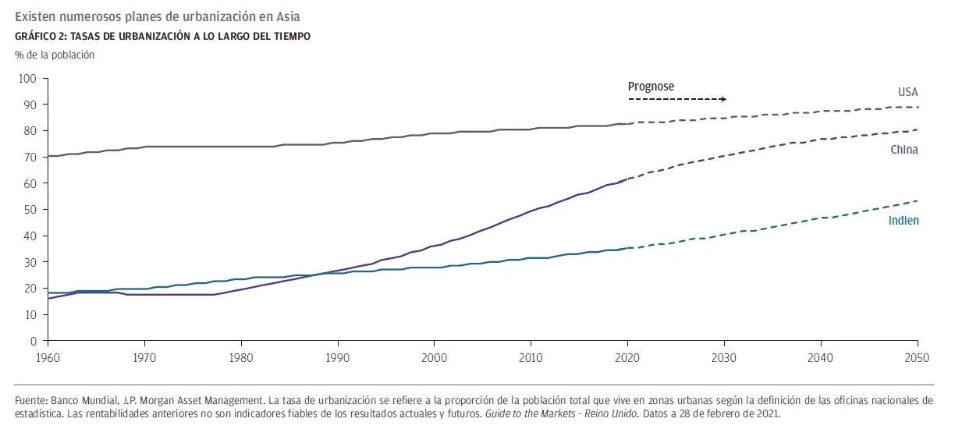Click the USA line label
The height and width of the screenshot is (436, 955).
pos(907,92)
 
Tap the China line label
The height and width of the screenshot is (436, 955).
pos(904,150)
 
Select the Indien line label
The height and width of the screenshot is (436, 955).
pos(904,221)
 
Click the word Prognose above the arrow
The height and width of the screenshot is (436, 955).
pos(651,87)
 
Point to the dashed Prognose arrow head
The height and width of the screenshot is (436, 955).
pos(723,99)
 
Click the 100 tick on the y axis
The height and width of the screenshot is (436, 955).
pos(28,79)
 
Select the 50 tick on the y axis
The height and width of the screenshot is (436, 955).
pos(31,210)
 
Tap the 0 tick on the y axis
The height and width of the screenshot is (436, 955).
pos(34,341)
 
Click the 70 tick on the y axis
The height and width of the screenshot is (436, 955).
pos(31,158)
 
